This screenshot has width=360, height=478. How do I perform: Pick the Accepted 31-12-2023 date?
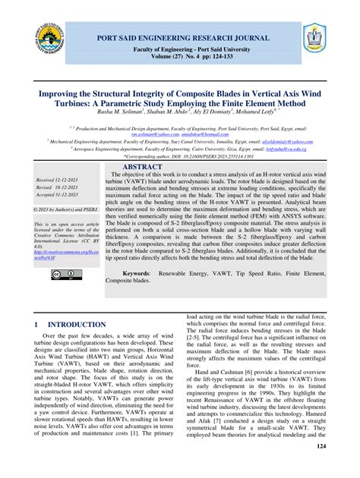click(57, 196)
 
